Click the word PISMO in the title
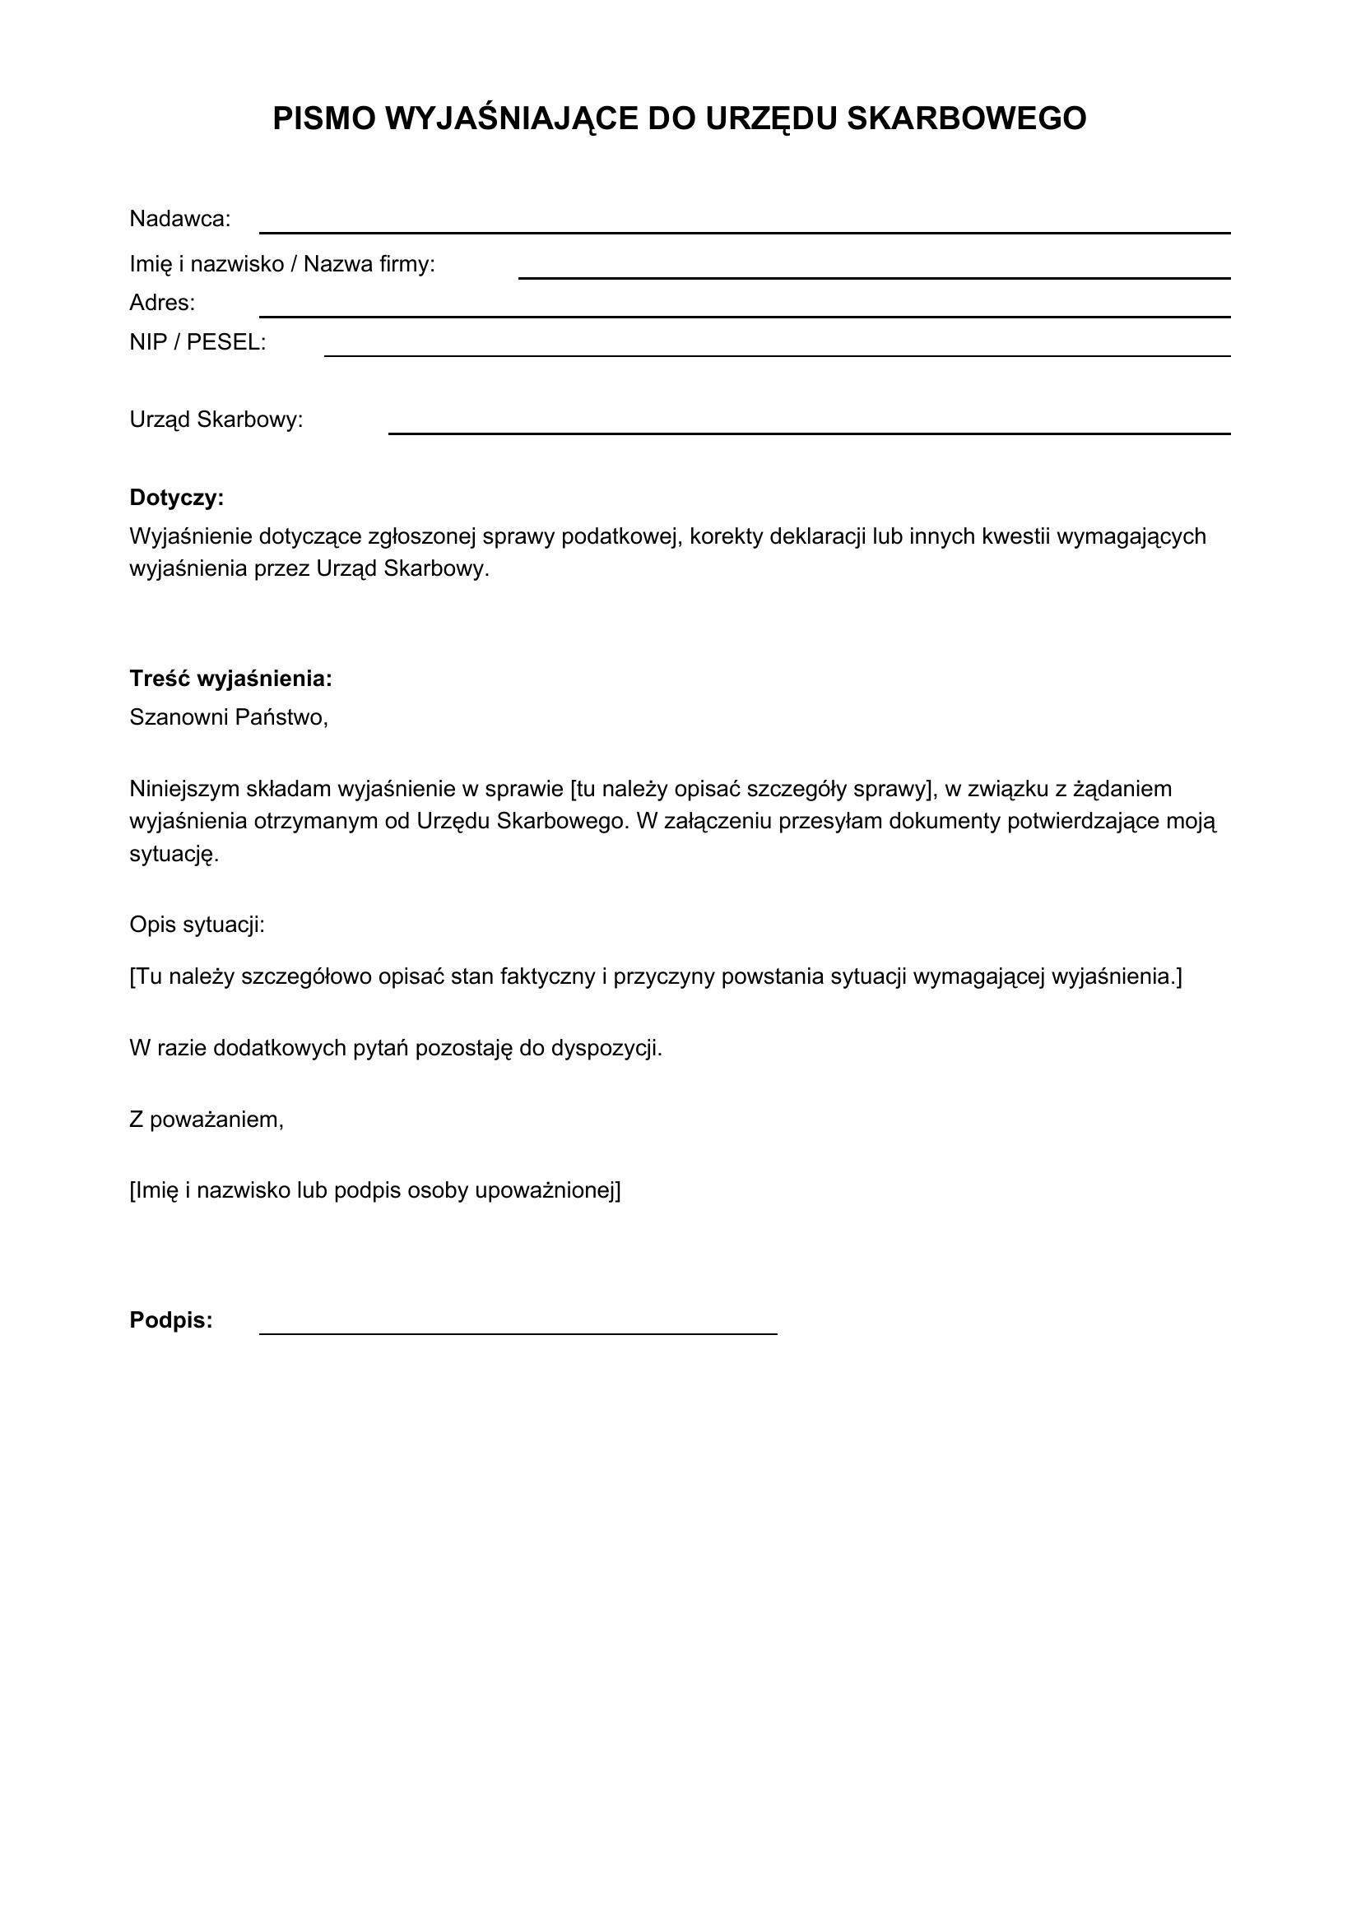click(323, 119)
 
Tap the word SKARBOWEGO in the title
click(966, 119)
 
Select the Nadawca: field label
click(179, 220)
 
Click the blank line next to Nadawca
click(744, 230)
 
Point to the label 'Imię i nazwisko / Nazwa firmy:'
click(281, 265)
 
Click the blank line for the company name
click(874, 276)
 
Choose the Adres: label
click(162, 303)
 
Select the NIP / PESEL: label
click(197, 343)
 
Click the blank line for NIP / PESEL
click(777, 355)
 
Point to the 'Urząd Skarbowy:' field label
click(216, 420)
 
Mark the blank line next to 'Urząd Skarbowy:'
click(809, 432)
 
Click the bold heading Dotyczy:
click(176, 498)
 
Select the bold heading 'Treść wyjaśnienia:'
click(230, 679)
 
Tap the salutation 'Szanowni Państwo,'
click(228, 717)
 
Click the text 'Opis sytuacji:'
click(197, 925)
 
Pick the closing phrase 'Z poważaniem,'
click(207, 1120)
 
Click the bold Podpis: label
click(171, 1321)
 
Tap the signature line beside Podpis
click(518, 1332)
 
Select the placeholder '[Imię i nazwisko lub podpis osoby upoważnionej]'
click(374, 1191)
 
